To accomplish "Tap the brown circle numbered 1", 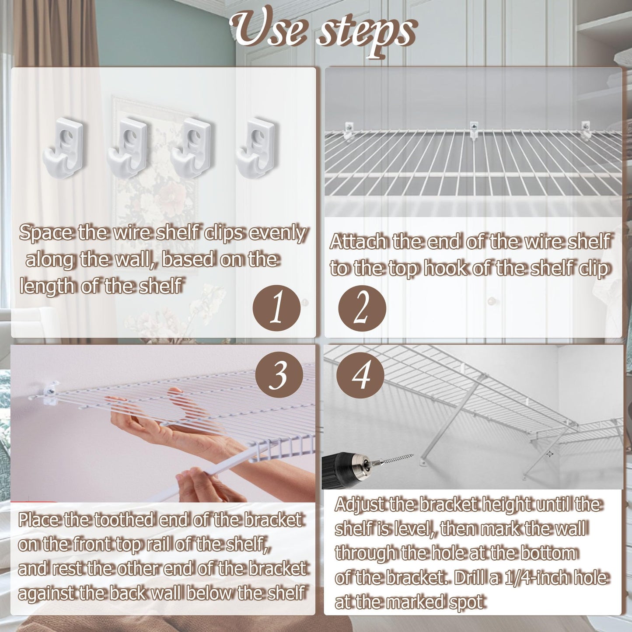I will click(276, 309).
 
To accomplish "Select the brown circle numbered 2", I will click(362, 309).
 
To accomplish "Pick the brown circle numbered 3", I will click(279, 375).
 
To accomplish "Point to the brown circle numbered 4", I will click(360, 375).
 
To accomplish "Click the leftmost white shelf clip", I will click(64, 144).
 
